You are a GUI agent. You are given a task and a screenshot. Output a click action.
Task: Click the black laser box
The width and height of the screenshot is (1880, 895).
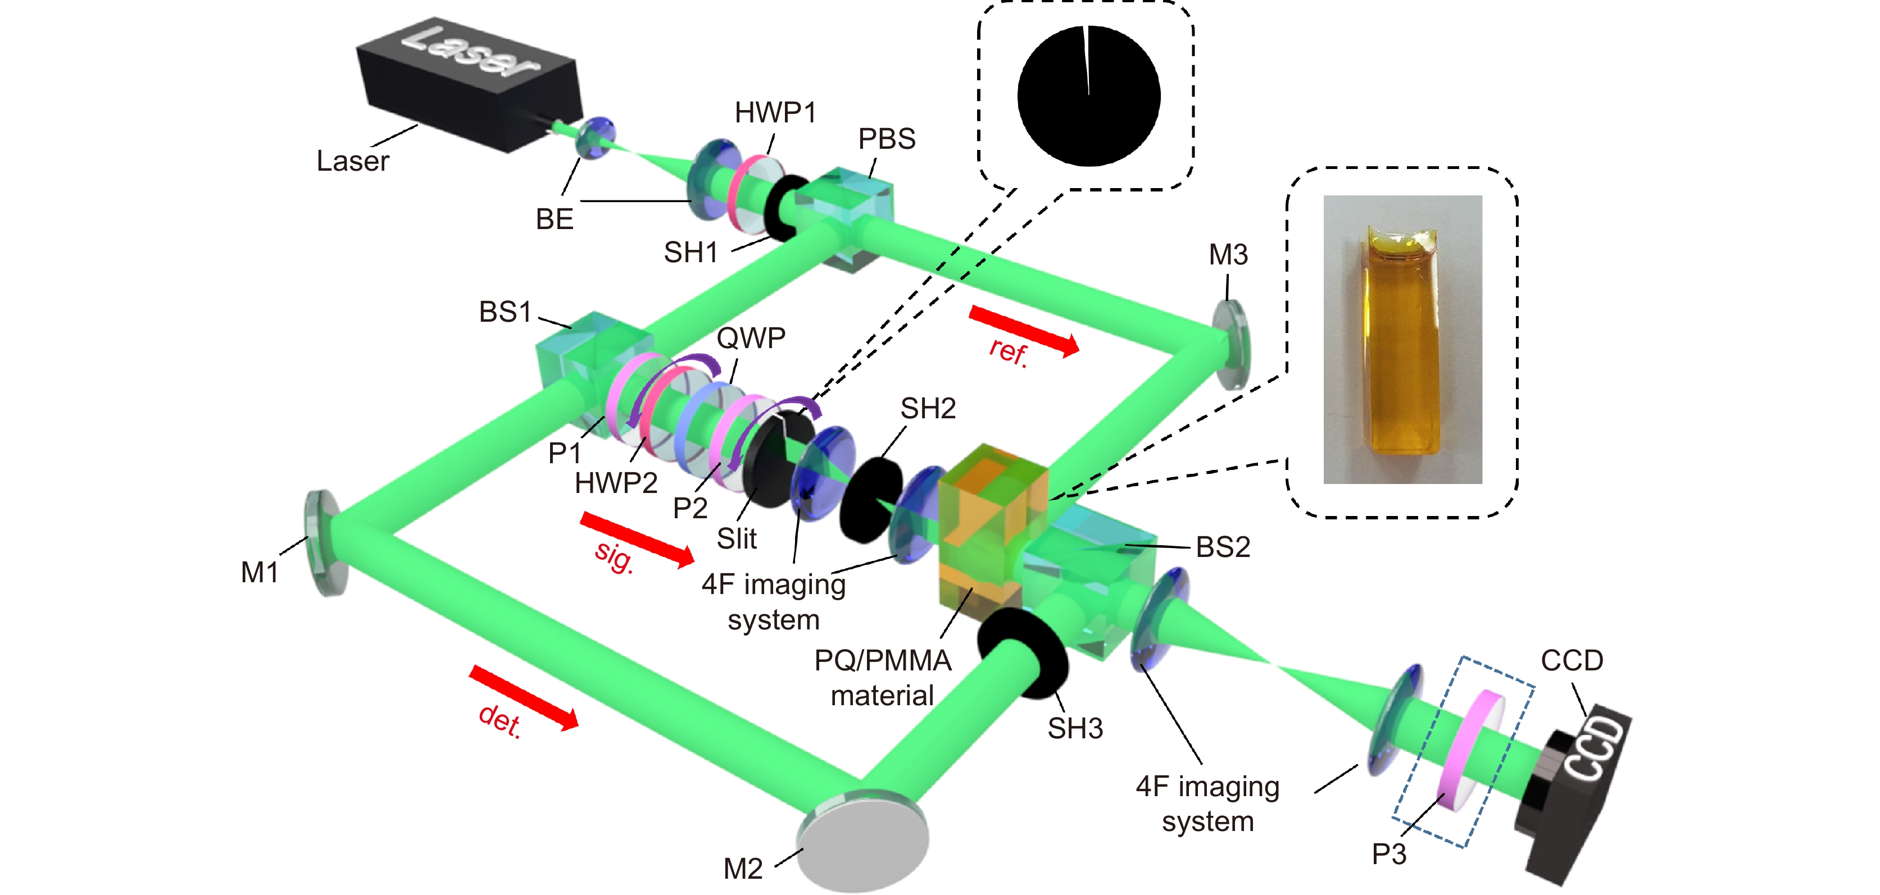(x=467, y=84)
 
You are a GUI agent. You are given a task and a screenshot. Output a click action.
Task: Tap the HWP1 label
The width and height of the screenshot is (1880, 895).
(x=774, y=113)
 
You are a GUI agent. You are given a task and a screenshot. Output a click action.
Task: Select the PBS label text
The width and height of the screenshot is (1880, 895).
(x=886, y=139)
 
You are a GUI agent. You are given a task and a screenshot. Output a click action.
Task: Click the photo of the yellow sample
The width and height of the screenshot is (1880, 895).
(x=1402, y=339)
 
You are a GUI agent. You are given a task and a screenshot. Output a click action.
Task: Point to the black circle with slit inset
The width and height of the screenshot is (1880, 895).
(x=1088, y=95)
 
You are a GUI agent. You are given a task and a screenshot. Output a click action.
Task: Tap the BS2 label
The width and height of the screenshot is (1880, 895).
(x=1223, y=546)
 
